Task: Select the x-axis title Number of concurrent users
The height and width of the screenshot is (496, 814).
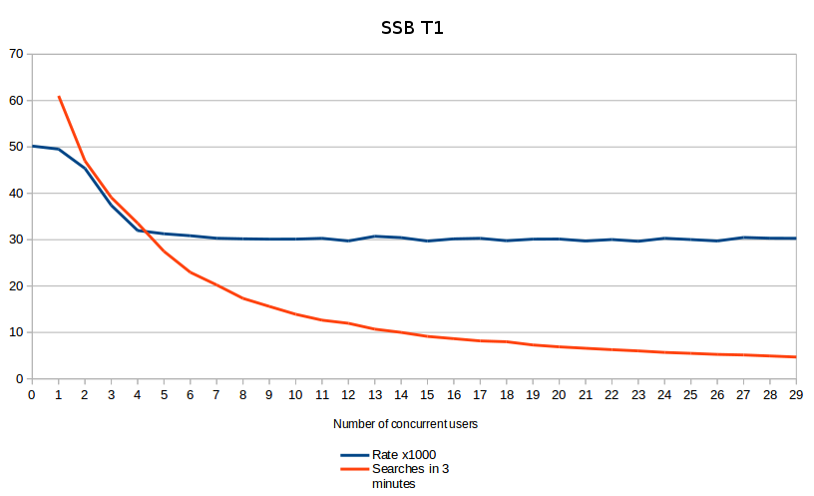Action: coord(405,424)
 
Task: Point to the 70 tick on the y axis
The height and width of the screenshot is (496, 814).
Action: coord(15,54)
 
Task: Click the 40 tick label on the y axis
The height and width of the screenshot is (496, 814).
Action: coord(15,194)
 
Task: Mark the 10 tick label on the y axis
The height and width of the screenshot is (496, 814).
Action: coord(15,332)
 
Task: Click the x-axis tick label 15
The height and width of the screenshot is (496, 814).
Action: coord(428,395)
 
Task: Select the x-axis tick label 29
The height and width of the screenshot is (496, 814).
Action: coord(796,395)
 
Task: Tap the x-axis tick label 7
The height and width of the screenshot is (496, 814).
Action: coord(216,395)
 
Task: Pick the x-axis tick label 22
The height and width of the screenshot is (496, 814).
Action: coord(611,395)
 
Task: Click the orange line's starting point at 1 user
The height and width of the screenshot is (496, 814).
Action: coord(59,97)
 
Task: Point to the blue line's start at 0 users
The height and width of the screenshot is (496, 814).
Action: coord(32,146)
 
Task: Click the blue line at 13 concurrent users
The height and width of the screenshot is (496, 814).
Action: coord(375,237)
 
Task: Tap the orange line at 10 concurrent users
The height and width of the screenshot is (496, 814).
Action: coord(296,314)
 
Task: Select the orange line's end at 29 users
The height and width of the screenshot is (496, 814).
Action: coord(796,357)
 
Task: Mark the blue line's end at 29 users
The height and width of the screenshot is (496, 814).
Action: coord(796,239)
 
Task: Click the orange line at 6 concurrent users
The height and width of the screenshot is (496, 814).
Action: coord(191,271)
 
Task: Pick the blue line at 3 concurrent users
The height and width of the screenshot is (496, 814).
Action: coord(112,205)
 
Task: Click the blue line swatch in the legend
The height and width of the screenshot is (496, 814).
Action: coord(354,455)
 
